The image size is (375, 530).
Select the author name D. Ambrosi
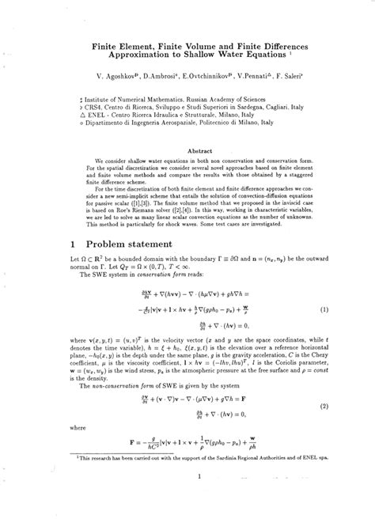155,81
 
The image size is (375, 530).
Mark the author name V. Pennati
252,81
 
